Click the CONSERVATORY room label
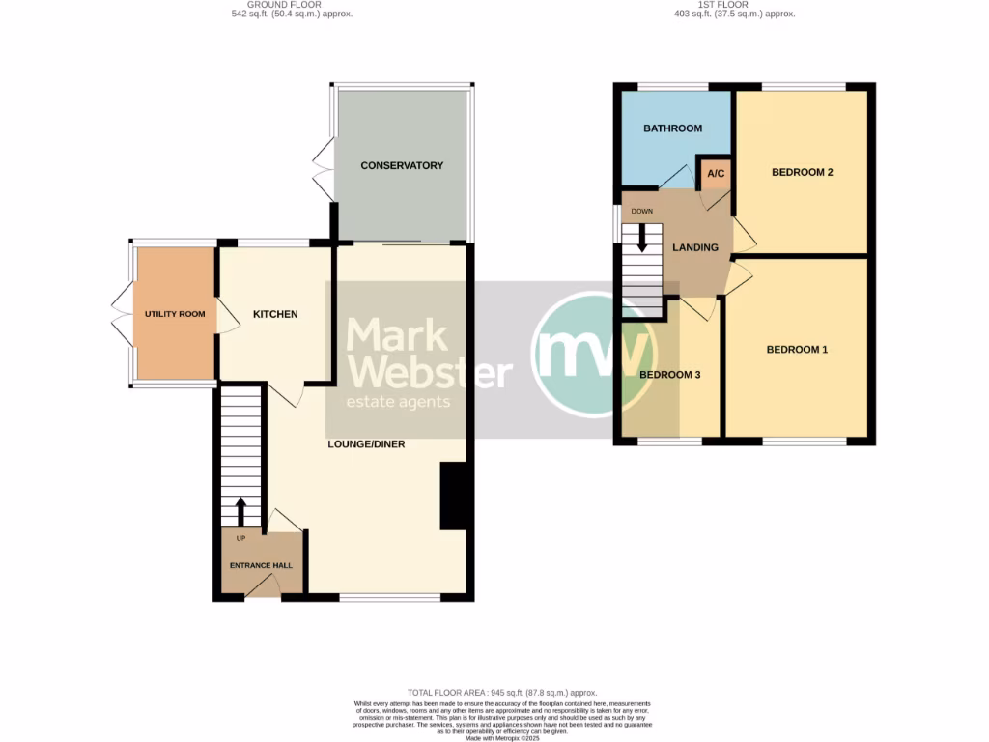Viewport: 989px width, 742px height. pos(402,165)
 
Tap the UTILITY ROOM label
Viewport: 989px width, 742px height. pos(175,314)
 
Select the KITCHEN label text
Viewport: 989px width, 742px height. pos(275,314)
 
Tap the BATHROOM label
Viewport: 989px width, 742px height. pos(672,128)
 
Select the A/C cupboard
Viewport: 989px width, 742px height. pos(716,174)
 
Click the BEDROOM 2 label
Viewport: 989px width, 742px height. pos(802,173)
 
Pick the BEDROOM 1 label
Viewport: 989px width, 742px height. pos(797,350)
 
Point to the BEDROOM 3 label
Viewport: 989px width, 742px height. pos(669,375)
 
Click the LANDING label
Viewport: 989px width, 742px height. pos(695,247)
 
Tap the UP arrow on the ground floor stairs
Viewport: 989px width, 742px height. pos(241,511)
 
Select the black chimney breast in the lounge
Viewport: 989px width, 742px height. pos(452,496)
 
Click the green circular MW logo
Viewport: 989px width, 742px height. pos(584,357)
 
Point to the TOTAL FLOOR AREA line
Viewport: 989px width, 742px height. pos(501,693)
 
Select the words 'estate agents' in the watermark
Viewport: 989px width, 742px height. pos(398,402)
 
